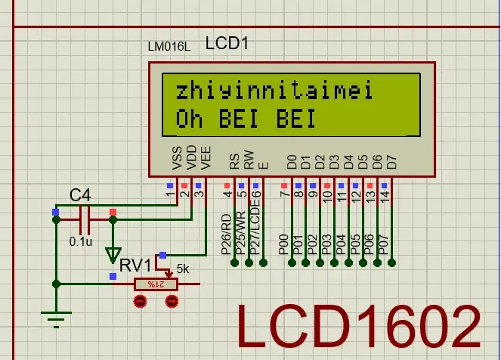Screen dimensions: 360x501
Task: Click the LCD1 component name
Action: pyautogui.click(x=227, y=43)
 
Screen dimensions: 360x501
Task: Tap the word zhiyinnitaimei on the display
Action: pyautogui.click(x=274, y=92)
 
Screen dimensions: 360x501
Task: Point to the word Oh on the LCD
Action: pyautogui.click(x=190, y=119)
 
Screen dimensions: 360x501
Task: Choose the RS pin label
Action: pyautogui.click(x=234, y=160)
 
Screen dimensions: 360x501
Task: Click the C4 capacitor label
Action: pyautogui.click(x=80, y=196)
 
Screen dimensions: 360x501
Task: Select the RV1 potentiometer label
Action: pyautogui.click(x=134, y=265)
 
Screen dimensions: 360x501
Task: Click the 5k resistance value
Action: pyautogui.click(x=183, y=268)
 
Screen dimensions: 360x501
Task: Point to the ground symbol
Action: pyautogui.click(x=56, y=318)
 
